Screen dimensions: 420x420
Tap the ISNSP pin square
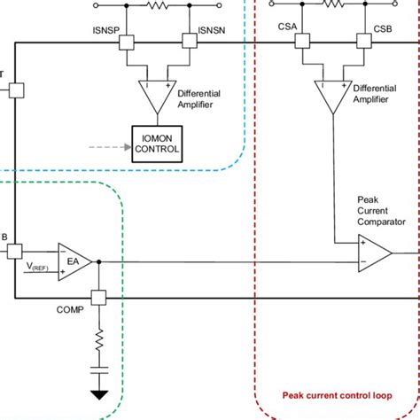coord(126,41)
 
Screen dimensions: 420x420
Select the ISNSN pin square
coord(187,41)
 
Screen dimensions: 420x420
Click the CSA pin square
coord(303,41)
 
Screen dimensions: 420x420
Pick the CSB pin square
coord(362,41)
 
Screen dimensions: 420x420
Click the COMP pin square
coord(98,298)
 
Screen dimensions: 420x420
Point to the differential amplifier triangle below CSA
coord(332,95)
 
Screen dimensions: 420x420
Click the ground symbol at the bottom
coord(98,394)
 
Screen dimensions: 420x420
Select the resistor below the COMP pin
coord(98,337)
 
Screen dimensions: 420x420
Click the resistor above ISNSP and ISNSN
coord(157,4)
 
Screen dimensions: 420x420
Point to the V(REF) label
coord(38,268)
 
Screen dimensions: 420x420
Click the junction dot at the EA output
coord(98,261)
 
